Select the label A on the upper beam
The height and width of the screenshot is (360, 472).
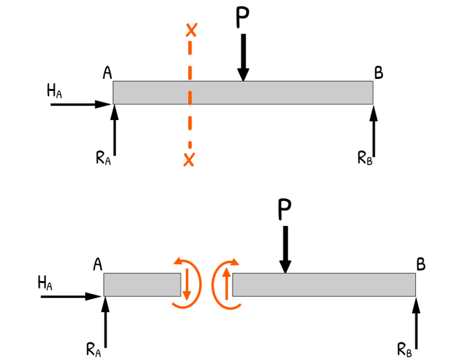107,72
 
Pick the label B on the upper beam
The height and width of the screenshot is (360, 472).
378,73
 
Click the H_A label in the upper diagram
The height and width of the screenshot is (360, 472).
55,91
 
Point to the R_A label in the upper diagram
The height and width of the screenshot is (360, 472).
102,159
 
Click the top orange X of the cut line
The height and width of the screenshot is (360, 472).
191,30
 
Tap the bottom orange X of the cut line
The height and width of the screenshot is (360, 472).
189,159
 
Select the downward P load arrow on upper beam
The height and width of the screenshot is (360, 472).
243,57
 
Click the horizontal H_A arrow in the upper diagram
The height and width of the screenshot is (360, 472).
80,104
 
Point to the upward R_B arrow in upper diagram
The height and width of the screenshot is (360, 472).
374,131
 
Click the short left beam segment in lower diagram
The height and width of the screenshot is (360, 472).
142,284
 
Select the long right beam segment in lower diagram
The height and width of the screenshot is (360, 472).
324,284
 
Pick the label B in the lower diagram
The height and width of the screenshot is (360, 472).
421,265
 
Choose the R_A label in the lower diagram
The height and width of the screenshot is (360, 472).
93,349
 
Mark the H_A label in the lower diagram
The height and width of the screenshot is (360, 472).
45,283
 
